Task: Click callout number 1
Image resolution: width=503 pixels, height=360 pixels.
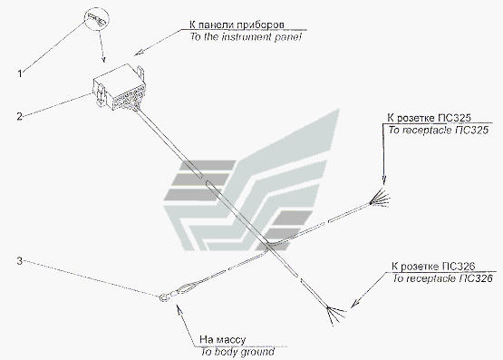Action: [20, 73]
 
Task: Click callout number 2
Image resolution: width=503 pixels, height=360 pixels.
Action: [20, 116]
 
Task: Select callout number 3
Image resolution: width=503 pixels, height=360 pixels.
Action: [20, 261]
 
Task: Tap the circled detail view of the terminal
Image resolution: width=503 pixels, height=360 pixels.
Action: [97, 19]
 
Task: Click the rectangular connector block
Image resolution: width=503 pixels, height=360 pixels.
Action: [120, 86]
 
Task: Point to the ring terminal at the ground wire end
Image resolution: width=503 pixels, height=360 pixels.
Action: [164, 297]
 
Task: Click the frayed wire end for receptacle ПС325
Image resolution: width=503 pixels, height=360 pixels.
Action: [380, 199]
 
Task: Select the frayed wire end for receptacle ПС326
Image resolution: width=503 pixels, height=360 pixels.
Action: [335, 314]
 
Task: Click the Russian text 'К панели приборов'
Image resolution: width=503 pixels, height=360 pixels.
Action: [237, 24]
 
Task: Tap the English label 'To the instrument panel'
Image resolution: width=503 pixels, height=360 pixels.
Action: [246, 36]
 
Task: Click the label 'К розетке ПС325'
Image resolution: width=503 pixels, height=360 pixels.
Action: [429, 118]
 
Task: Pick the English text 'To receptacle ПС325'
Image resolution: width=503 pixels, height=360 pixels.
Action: [439, 130]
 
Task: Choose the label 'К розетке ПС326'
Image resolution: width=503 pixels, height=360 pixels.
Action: [433, 267]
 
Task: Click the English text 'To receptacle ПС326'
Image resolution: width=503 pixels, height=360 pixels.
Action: [442, 278]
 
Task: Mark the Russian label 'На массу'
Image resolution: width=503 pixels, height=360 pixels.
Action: [223, 339]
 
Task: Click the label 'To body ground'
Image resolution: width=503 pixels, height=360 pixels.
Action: [237, 352]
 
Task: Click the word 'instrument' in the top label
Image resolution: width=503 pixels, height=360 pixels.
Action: [246, 36]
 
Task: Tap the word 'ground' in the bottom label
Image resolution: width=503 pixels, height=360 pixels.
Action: [257, 353]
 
